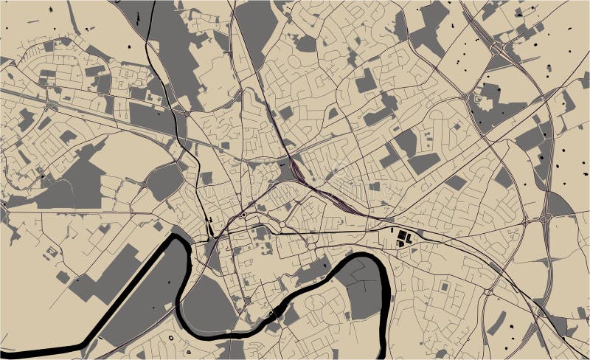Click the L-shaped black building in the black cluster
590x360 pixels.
[403, 237]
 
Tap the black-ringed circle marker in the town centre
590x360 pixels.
[243, 215]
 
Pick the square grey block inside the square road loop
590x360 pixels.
[444, 285]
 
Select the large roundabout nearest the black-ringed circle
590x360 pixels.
[282, 224]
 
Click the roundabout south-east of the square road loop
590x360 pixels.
[486, 291]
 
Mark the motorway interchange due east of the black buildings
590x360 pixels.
[547, 218]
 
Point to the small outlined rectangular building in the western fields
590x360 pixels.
[51, 252]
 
